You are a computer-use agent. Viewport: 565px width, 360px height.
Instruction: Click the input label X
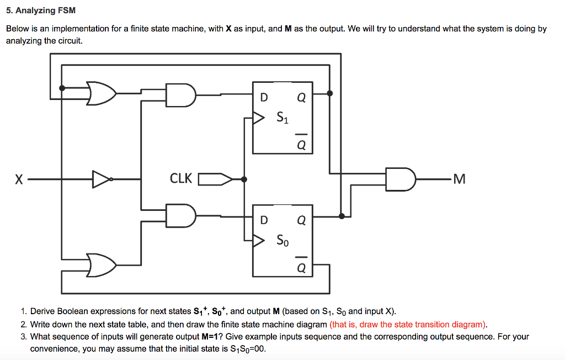pos(19,179)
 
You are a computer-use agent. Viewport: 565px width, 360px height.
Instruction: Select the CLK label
pos(181,178)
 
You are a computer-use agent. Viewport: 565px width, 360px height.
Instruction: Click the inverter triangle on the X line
pos(102,179)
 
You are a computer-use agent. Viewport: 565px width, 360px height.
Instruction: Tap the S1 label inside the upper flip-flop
pos(282,117)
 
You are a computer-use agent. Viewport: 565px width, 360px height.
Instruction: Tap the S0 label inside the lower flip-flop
pos(282,240)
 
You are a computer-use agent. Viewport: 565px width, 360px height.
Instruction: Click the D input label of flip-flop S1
pos(264,98)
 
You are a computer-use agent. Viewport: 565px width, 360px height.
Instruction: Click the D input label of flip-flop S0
pos(264,220)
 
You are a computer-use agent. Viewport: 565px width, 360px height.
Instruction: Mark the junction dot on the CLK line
pos(244,179)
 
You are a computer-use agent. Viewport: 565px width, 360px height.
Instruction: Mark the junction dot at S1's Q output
pos(330,93)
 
